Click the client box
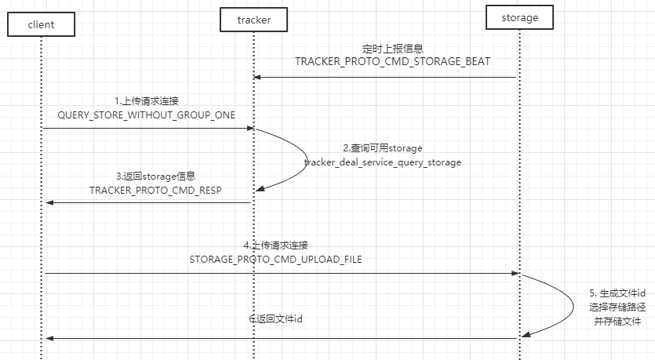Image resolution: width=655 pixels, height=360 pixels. [41, 24]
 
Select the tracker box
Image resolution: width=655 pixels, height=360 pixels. [253, 20]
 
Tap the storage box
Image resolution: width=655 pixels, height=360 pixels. [519, 17]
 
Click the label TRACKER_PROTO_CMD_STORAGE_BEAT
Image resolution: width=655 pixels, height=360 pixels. [392, 61]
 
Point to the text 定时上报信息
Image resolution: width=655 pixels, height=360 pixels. [392, 49]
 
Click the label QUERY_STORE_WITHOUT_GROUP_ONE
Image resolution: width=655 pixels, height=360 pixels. [147, 115]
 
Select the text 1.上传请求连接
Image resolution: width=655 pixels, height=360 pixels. [147, 101]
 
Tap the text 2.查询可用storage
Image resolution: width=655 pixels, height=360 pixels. [383, 148]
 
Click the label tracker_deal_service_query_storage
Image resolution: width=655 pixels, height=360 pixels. [383, 162]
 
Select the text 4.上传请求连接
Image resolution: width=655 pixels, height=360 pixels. [279, 245]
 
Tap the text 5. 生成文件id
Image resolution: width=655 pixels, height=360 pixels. [617, 293]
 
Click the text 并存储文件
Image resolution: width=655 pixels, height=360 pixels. [617, 322]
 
